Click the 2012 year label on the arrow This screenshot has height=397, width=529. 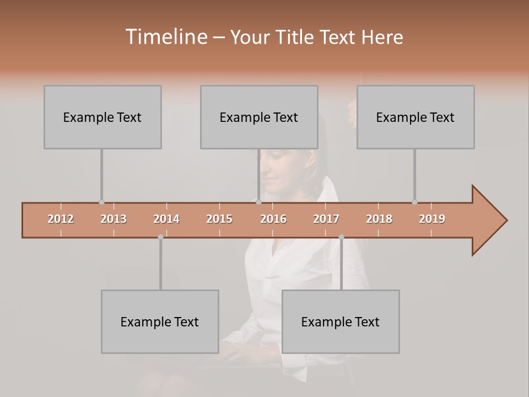(61, 219)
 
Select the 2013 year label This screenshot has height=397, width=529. (114, 219)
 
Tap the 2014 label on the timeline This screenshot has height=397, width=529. (166, 219)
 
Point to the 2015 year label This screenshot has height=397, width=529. (219, 219)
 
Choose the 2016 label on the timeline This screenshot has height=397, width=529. (273, 219)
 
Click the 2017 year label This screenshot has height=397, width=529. (326, 219)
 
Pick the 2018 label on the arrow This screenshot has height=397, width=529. (379, 219)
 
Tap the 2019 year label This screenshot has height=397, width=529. (432, 219)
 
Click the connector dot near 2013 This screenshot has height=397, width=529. (101, 202)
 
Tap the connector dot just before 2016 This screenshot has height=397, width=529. (258, 202)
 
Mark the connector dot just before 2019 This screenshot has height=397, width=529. (414, 202)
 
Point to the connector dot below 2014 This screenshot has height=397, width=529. (160, 237)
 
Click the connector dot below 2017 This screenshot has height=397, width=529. (341, 237)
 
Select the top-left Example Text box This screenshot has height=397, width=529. (102, 117)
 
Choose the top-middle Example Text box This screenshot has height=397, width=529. (259, 117)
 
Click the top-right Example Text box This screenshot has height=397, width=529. (415, 117)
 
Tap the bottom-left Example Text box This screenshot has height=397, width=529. (160, 321)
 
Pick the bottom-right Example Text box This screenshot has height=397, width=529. (341, 321)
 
